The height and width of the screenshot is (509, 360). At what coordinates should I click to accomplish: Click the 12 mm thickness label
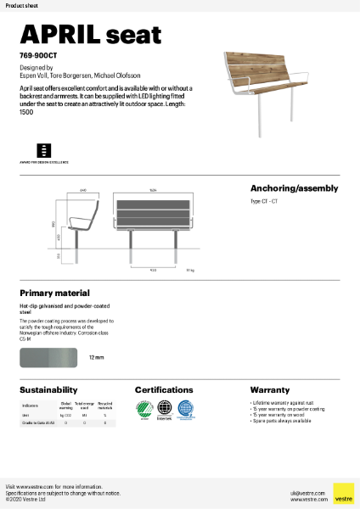coord(96,359)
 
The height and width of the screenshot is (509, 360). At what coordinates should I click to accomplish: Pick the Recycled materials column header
coord(104,406)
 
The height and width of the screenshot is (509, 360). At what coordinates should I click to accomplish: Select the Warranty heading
coord(269,389)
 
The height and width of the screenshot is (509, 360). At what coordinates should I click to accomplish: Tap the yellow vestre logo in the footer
coord(343,493)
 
